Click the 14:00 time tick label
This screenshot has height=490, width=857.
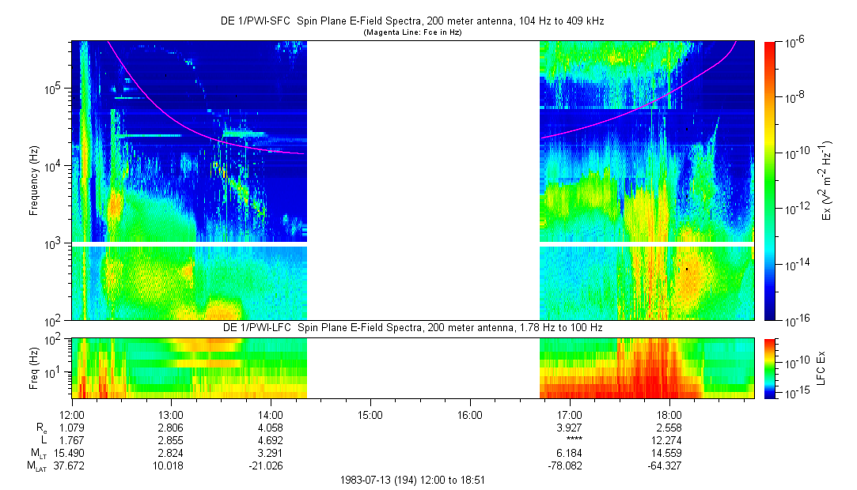(271, 414)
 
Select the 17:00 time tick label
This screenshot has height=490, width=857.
(570, 414)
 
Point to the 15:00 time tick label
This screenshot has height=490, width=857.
(370, 414)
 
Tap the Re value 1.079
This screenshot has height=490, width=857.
(72, 427)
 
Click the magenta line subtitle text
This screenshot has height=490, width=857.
(411, 33)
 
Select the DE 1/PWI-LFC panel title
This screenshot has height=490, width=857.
(411, 327)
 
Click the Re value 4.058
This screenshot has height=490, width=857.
(271, 427)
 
